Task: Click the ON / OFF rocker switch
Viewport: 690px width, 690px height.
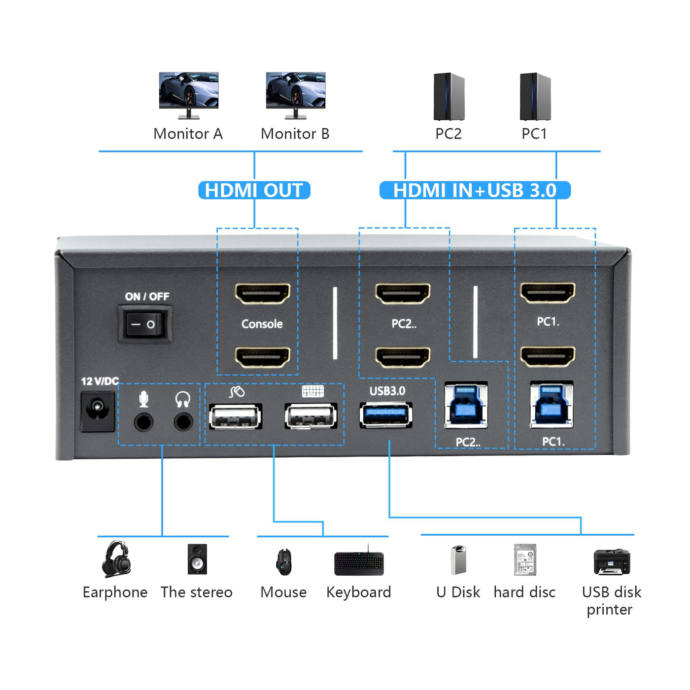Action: point(145,324)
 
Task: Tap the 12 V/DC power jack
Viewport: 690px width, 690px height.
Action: point(98,411)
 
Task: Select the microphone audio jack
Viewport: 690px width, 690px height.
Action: point(143,422)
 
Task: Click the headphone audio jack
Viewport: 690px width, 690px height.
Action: point(183,422)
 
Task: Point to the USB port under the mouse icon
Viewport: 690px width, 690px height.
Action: point(236,416)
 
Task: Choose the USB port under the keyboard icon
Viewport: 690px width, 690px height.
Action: point(311,415)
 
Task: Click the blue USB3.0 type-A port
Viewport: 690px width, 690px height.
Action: point(386,414)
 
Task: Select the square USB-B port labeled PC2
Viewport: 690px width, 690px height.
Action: point(466,405)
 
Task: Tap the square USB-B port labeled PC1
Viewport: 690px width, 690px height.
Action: point(552,405)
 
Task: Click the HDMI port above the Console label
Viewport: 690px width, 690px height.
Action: point(263,294)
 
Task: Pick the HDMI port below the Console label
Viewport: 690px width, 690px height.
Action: point(263,357)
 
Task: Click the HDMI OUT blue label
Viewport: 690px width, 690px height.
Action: point(254,190)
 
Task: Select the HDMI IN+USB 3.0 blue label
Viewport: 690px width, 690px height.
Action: point(475,190)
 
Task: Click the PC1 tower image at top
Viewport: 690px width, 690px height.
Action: point(535,97)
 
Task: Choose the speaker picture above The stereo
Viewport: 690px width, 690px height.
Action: point(197,559)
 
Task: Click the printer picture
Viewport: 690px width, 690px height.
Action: point(612,561)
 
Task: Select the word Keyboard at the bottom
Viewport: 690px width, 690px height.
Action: point(358,592)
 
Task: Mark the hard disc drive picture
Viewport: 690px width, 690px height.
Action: point(525,559)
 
